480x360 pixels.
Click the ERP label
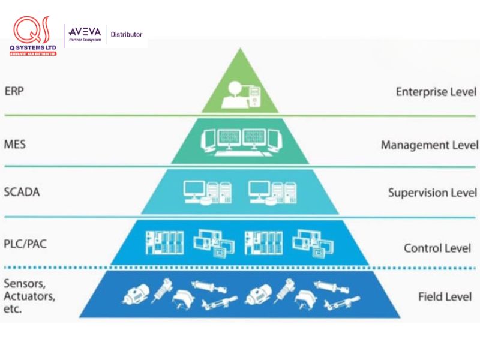click(14, 91)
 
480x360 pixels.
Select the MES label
click(14, 145)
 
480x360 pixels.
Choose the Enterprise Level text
click(436, 92)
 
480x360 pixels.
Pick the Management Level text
click(429, 145)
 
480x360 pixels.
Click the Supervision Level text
click(432, 193)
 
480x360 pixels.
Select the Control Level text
click(437, 248)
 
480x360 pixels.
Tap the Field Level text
click(444, 296)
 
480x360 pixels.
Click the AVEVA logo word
click(84, 32)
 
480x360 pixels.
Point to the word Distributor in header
click(127, 34)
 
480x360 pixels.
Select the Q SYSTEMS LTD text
click(33, 48)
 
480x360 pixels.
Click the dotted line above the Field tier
click(240, 268)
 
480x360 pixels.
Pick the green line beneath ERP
click(240, 115)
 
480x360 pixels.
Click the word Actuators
click(30, 296)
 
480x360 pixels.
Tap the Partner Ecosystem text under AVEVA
click(85, 40)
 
